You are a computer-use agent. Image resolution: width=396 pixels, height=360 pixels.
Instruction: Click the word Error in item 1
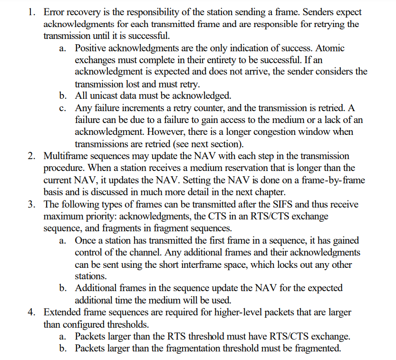click(x=53, y=12)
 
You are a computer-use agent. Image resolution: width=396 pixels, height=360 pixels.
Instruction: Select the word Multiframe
click(x=66, y=156)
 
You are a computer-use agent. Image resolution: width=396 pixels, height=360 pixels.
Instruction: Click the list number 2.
click(x=31, y=156)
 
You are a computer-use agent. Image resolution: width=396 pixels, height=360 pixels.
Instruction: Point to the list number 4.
click(x=31, y=312)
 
